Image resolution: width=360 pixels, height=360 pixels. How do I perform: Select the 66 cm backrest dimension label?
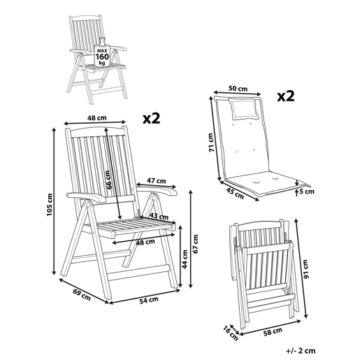point(109,180)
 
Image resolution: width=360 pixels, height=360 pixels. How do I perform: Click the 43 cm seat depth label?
point(159,217)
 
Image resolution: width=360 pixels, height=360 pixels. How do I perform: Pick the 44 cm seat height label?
point(185,259)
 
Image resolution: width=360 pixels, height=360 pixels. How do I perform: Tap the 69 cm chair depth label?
point(82,294)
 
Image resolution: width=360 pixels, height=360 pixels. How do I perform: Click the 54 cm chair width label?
point(149,300)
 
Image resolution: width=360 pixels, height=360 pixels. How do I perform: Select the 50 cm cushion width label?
point(238,89)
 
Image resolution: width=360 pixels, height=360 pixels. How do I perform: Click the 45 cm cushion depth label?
point(235,194)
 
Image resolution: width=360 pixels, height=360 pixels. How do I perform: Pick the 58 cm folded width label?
point(273,331)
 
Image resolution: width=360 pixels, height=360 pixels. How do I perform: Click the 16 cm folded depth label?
point(231,333)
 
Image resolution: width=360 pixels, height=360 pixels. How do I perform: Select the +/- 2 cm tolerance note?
point(301,350)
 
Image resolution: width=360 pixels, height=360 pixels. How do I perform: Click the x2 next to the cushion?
point(286,96)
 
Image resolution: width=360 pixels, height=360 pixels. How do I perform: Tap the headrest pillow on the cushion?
point(243,108)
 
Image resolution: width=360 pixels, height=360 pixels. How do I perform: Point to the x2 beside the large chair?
point(152,118)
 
